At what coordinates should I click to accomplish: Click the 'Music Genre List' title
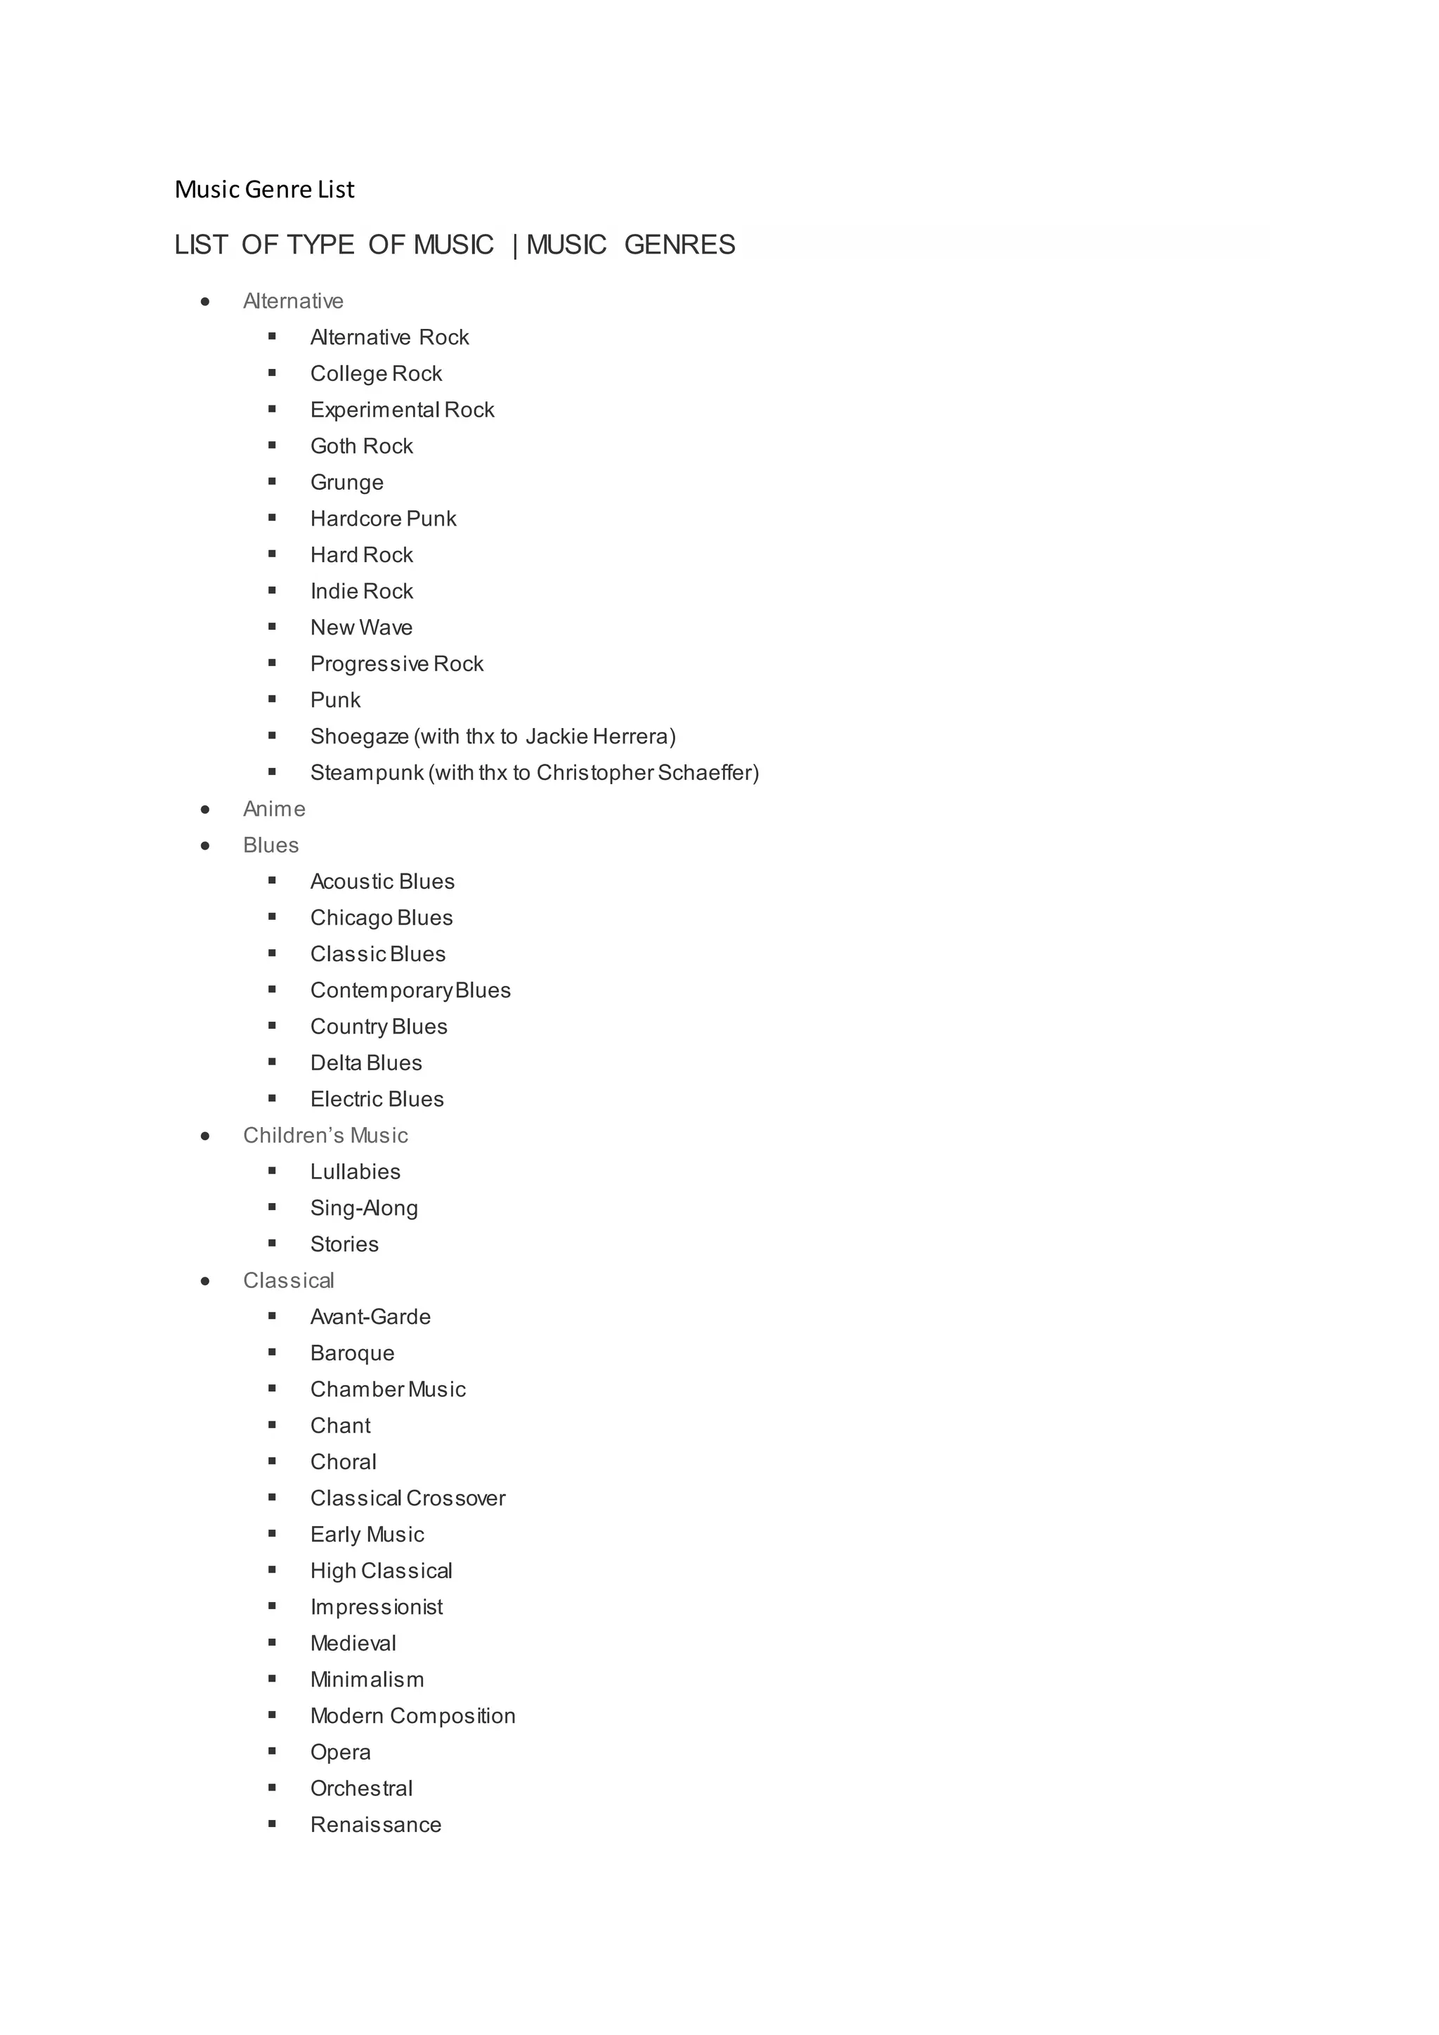point(264,189)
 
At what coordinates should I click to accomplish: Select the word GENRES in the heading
point(679,245)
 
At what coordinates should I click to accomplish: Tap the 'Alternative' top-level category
point(292,301)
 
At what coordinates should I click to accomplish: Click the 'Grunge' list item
point(346,482)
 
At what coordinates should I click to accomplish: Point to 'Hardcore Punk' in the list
point(383,519)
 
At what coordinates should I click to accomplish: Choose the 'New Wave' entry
point(360,628)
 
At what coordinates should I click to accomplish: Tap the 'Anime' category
point(274,810)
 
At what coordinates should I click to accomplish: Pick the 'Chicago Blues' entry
point(381,918)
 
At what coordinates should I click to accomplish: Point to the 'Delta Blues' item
point(366,1062)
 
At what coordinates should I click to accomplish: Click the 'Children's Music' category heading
point(325,1136)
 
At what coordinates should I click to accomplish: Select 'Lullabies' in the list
point(356,1171)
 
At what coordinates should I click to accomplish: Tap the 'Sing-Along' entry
point(363,1208)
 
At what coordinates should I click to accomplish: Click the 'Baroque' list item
point(352,1353)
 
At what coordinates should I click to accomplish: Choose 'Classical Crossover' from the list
point(408,1498)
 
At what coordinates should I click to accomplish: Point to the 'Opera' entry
point(340,1753)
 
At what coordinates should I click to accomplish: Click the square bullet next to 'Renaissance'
point(272,1824)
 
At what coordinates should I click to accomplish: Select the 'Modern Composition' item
point(412,1716)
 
